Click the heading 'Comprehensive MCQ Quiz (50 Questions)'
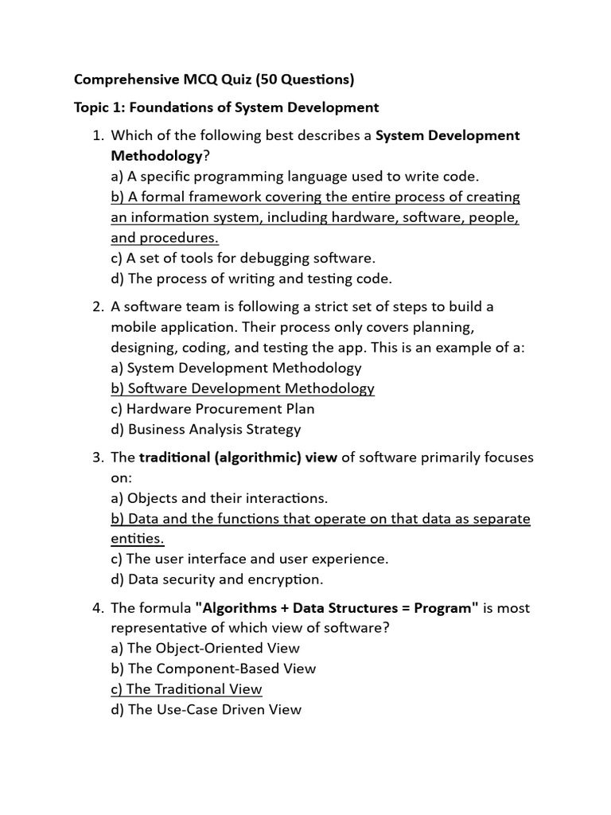pos(214,80)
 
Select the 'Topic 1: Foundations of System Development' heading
pos(227,107)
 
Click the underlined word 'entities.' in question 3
pos(138,540)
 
